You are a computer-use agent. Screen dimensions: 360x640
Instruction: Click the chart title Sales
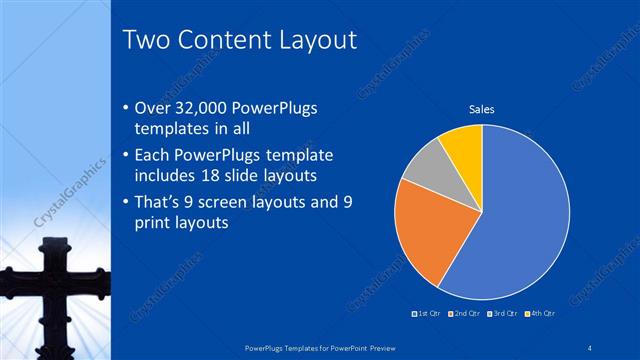482,109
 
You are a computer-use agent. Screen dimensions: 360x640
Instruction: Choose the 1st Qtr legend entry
427,313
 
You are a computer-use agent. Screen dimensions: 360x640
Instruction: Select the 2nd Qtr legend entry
466,313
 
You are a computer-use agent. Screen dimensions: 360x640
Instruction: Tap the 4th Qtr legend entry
541,313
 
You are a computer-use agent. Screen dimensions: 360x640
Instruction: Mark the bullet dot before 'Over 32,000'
124,109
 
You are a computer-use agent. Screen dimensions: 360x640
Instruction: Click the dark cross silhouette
49,290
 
